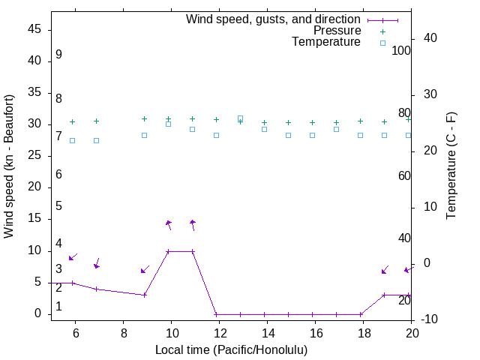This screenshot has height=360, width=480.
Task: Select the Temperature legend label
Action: tap(326, 42)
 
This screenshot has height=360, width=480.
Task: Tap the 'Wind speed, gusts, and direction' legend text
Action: tap(273, 19)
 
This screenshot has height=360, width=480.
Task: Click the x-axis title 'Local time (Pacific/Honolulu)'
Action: tap(231, 349)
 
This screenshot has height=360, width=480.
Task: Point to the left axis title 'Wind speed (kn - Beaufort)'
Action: tap(9, 166)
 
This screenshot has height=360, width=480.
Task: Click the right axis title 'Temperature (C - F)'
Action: tap(451, 166)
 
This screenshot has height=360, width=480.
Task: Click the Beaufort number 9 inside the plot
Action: tap(58, 55)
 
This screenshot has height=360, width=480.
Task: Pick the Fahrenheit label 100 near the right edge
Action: tap(401, 51)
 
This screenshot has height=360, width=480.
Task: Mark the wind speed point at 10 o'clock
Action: tap(168, 251)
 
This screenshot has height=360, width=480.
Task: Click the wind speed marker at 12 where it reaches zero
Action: tap(216, 314)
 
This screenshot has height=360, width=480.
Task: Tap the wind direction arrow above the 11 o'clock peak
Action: tap(193, 224)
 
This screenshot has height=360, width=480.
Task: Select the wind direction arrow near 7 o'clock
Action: tap(97, 263)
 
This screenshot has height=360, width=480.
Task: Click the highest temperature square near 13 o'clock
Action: tap(240, 118)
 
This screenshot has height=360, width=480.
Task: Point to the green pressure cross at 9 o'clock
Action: tap(144, 118)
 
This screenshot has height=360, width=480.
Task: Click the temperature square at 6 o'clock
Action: tap(72, 140)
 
